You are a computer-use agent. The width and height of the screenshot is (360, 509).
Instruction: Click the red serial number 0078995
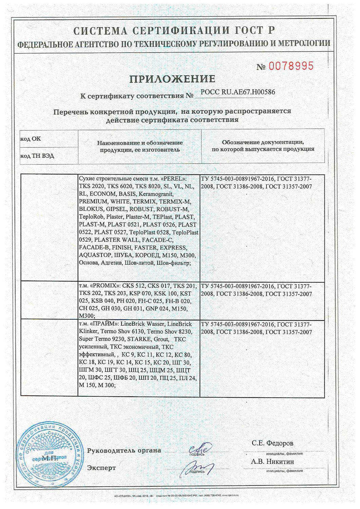pyautogui.click(x=291, y=66)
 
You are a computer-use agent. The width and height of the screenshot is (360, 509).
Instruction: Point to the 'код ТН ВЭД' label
pyautogui.click(x=37, y=156)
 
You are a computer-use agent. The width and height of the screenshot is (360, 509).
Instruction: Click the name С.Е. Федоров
pyautogui.click(x=272, y=443)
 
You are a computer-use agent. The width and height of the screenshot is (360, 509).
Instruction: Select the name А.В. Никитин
pyautogui.click(x=272, y=461)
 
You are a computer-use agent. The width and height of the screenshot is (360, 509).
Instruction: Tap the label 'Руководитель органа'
pyautogui.click(x=124, y=451)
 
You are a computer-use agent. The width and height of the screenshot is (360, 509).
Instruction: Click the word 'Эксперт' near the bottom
pyautogui.click(x=101, y=468)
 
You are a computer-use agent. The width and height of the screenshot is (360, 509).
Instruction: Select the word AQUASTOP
pyautogui.click(x=94, y=255)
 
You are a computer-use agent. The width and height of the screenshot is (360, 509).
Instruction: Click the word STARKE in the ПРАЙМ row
pyautogui.click(x=145, y=339)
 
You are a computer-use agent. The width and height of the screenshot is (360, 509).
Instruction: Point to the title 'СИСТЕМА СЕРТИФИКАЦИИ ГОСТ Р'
pyautogui.click(x=174, y=31)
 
